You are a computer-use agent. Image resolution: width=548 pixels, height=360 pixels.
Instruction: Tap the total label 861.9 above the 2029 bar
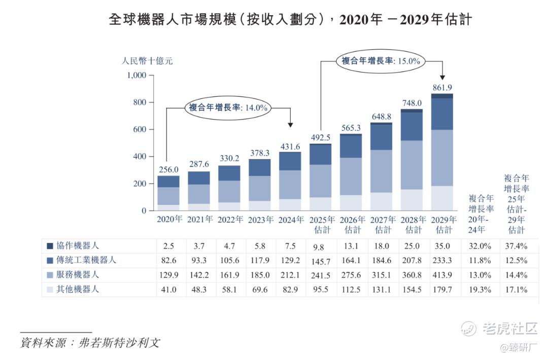click(441, 87)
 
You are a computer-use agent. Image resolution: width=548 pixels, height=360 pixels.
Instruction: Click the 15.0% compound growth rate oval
click(380, 60)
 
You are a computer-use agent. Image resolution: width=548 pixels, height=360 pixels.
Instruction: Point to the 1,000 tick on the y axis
click(136, 76)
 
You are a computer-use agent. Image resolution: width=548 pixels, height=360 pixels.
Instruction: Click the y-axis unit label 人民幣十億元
click(147, 61)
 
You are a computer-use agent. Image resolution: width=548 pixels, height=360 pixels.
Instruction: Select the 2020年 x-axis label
click(169, 220)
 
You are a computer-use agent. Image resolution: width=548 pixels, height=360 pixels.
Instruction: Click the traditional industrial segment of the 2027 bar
click(381, 137)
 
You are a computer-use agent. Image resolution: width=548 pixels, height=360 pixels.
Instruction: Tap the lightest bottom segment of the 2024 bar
click(290, 204)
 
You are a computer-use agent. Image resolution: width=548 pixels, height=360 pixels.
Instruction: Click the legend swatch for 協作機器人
click(50, 246)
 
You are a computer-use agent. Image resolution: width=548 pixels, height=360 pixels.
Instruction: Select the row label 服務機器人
click(77, 275)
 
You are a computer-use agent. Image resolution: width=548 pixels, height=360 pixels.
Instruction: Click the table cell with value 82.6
click(168, 260)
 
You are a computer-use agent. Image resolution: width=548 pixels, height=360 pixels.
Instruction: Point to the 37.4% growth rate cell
click(517, 246)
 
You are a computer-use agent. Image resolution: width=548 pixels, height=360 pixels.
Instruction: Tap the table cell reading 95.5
click(321, 290)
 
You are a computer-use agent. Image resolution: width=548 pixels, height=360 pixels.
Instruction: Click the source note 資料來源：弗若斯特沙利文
click(89, 342)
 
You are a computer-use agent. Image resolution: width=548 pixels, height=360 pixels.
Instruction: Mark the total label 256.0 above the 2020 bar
click(168, 170)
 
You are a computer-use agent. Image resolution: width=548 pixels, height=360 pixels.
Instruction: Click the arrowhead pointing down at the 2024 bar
click(290, 124)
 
